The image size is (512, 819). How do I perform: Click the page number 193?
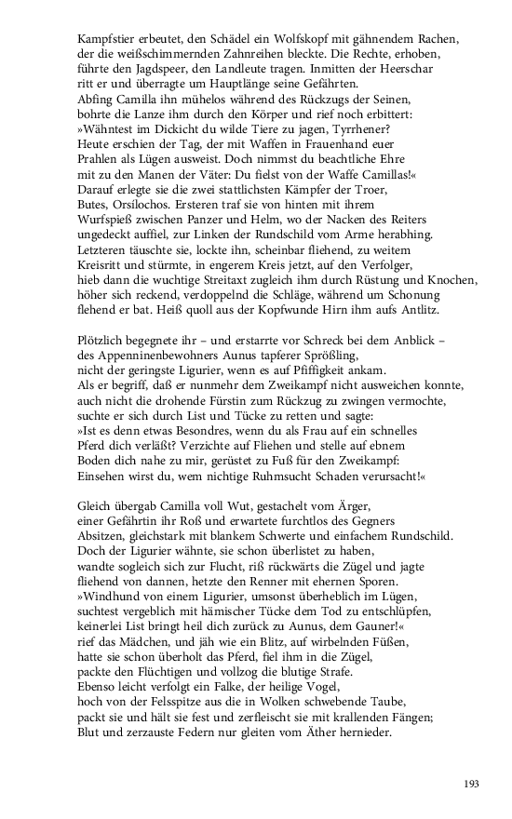coord(471,785)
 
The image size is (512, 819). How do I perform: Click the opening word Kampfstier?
coord(103,41)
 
